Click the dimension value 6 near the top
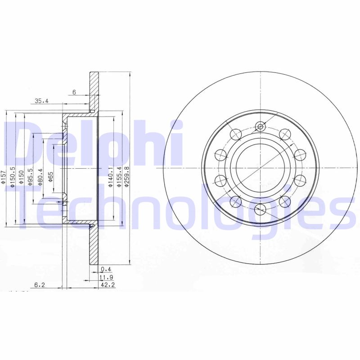74,92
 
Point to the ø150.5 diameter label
13,176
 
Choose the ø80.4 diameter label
40,176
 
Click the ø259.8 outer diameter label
127,177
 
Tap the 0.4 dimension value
106,269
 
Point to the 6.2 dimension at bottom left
40,285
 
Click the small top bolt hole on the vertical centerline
260,126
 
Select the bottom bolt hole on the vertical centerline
260,209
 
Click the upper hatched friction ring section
94,90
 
